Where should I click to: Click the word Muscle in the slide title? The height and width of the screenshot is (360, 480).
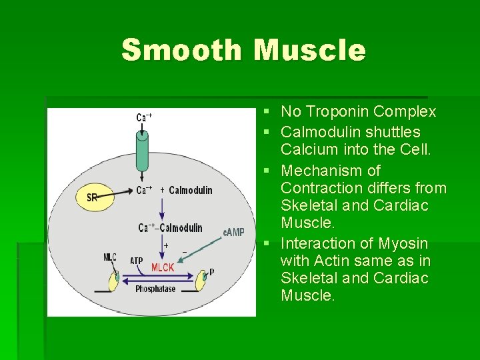[x=310, y=50]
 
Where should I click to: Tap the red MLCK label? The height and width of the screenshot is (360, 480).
[x=163, y=267]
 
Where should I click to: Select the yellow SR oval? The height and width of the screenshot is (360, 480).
[x=93, y=197]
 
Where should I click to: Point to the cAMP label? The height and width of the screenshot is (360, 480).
[x=233, y=232]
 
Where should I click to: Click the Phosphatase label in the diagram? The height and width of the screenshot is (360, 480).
[x=155, y=289]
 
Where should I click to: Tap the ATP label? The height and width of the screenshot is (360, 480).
[x=136, y=261]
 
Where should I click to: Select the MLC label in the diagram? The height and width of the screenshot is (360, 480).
[x=110, y=257]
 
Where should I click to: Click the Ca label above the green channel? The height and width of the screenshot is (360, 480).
[x=144, y=117]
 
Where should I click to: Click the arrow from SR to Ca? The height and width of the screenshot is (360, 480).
[x=117, y=193]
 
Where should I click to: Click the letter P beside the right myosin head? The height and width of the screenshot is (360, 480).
[x=212, y=271]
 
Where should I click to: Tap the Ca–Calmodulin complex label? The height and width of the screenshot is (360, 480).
[x=170, y=228]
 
